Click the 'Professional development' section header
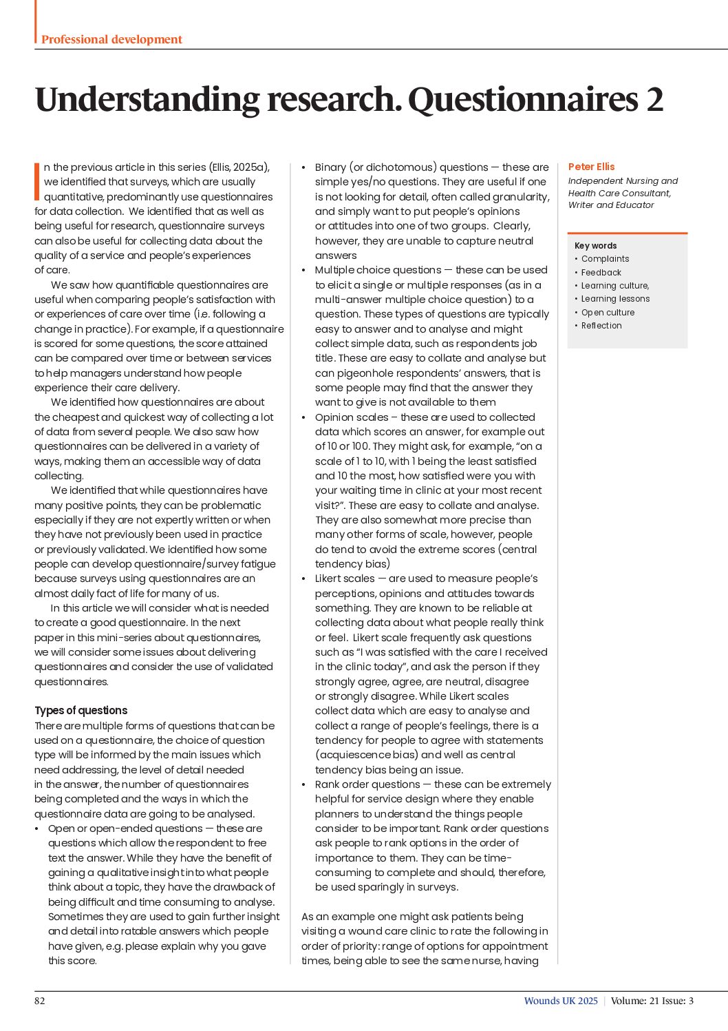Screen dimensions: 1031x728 coord(111,39)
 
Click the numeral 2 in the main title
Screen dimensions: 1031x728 coord(654,99)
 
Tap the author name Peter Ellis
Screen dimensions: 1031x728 coord(591,167)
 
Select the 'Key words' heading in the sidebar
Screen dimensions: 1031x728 coord(595,246)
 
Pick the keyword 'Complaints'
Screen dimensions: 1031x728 coord(605,259)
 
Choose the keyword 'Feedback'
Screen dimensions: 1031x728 coord(601,273)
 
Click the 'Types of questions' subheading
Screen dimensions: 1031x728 coord(81,711)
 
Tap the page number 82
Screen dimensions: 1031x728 coord(40,1001)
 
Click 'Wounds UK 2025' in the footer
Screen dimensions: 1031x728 coord(561,1001)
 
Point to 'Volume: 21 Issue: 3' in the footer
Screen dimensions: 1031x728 coord(652,1001)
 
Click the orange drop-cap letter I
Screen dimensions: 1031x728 coord(37,182)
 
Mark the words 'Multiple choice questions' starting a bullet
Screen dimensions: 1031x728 coord(378,270)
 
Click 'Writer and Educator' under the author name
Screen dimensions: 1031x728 coord(611,205)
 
